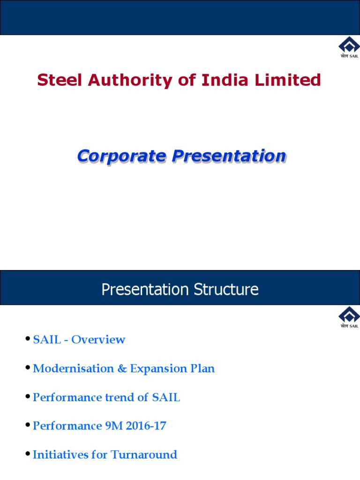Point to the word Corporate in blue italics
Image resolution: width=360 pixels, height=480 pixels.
(121, 156)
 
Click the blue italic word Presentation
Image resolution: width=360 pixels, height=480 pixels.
(229, 156)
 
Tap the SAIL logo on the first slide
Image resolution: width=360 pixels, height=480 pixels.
(349, 48)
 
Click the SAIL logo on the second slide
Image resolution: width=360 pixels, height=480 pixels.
(349, 317)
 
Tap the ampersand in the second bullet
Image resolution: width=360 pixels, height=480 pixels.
(122, 369)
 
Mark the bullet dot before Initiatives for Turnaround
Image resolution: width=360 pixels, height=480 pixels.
(29, 454)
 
